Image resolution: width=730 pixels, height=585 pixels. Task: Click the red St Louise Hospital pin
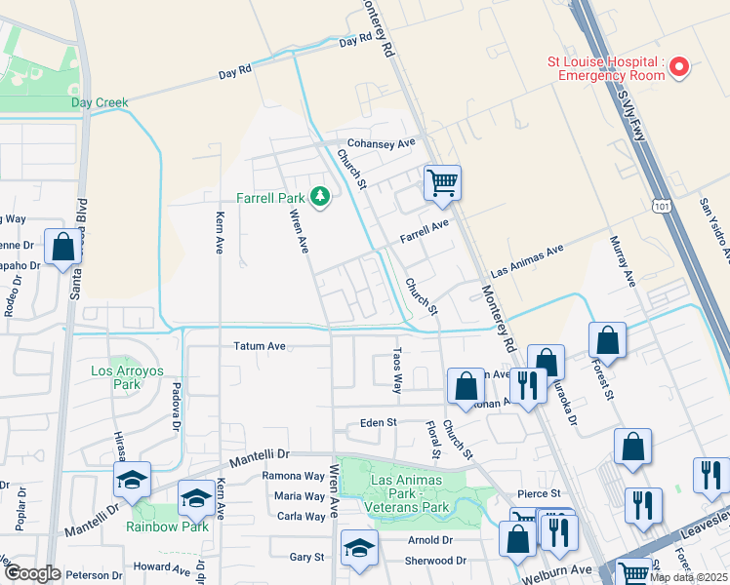[679, 66]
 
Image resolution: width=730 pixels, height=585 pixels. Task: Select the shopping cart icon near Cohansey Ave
[442, 182]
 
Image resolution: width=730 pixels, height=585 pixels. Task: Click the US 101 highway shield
[663, 205]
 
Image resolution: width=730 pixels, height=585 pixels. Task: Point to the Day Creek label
[99, 102]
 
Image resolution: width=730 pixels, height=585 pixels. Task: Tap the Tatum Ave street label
[259, 346]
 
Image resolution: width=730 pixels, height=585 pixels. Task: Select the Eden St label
[378, 423]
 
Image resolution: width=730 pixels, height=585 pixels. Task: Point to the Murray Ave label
[623, 260]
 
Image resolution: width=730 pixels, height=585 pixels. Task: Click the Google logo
[31, 573]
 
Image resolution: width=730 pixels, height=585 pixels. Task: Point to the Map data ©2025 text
[687, 577]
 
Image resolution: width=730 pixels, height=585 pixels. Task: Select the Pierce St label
[540, 495]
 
